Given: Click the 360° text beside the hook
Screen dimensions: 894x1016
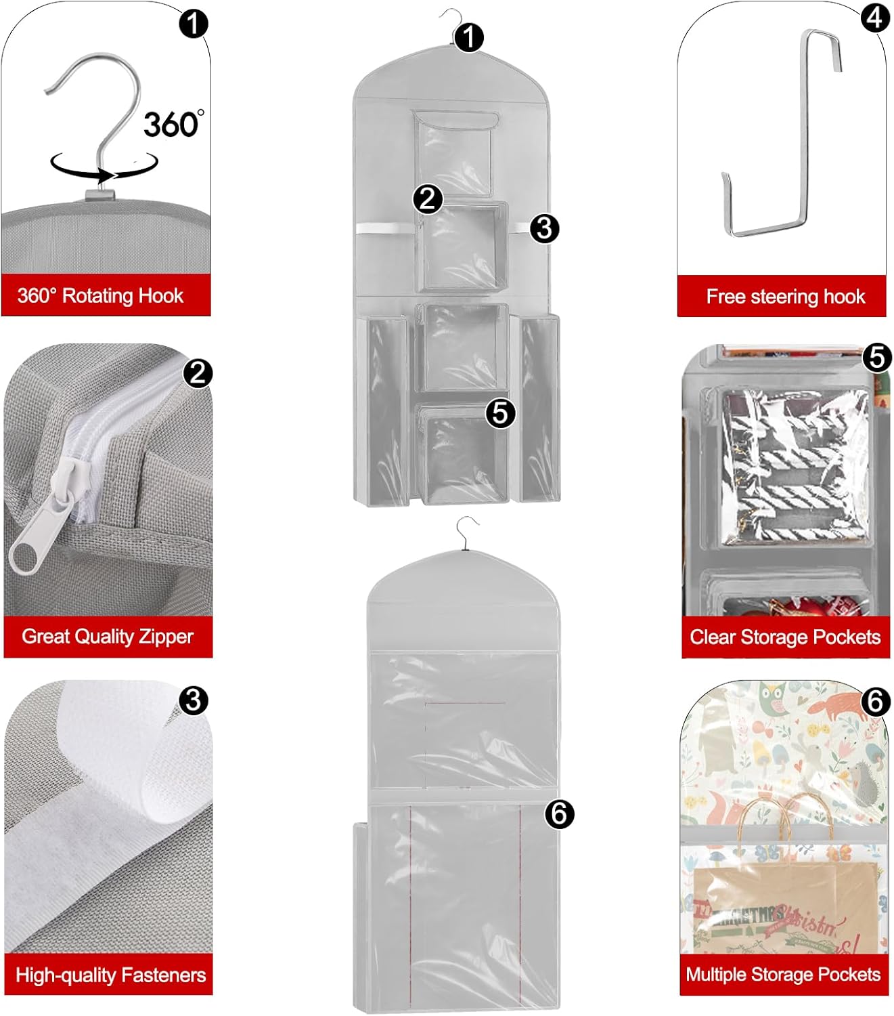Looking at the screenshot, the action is click(x=174, y=124).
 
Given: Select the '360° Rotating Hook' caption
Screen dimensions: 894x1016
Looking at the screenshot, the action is click(x=100, y=295).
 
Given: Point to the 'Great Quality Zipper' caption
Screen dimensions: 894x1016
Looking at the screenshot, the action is click(x=107, y=637).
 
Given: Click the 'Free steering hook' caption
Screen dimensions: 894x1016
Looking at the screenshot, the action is click(x=785, y=297).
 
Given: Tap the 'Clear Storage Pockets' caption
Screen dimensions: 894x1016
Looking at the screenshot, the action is click(x=785, y=637).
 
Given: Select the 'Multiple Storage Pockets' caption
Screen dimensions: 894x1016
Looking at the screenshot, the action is click(x=783, y=975).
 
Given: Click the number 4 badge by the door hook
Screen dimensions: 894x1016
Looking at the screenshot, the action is click(x=875, y=18).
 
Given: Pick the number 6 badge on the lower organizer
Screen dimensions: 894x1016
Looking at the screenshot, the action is click(x=559, y=813).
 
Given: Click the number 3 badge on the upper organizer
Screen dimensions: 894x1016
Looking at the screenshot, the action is click(x=545, y=229).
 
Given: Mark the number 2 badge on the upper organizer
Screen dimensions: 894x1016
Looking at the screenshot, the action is click(x=428, y=199).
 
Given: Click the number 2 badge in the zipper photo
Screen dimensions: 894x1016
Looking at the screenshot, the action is click(x=198, y=374).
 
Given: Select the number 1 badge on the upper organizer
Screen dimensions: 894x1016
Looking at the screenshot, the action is click(x=469, y=37).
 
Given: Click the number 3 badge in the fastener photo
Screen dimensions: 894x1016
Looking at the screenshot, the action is click(x=194, y=700).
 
